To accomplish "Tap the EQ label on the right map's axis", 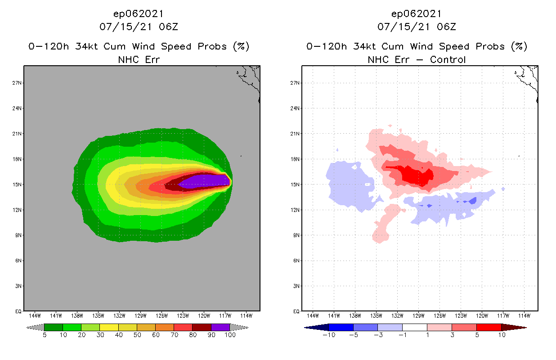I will (x=296, y=311).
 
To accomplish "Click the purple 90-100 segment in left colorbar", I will (x=220, y=327).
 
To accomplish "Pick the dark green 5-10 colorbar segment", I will (x=54, y=327).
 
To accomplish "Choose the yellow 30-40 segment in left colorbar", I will (x=109, y=327).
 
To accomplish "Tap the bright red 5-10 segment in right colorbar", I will (x=489, y=327).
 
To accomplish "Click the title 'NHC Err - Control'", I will (x=417, y=59).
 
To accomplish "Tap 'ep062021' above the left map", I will (x=139, y=13).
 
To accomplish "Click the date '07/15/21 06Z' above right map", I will (x=417, y=27).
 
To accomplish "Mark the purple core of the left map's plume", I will (x=205, y=181).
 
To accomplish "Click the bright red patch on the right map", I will (x=414, y=174).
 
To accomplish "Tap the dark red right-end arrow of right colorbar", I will (x=513, y=327).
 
